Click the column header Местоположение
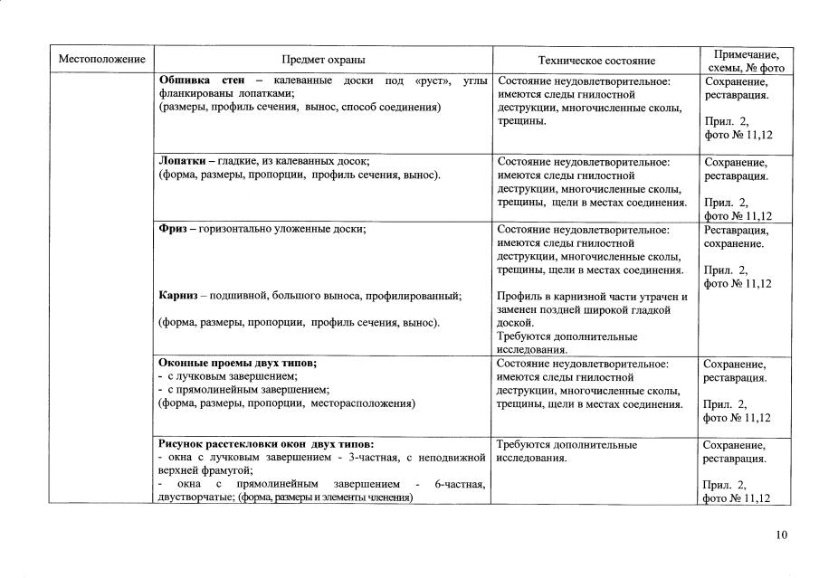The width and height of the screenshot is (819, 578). [101, 61]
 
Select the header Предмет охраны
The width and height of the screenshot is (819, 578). [323, 61]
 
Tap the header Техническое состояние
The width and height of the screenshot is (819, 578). [595, 61]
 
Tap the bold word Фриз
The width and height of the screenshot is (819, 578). [172, 230]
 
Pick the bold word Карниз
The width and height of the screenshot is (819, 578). [178, 296]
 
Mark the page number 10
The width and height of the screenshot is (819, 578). [781, 535]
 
